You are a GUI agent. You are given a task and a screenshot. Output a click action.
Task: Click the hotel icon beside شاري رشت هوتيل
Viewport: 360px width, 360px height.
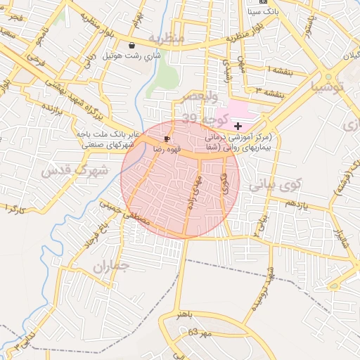131,46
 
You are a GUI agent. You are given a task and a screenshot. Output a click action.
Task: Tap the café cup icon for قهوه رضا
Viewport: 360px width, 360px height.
167,139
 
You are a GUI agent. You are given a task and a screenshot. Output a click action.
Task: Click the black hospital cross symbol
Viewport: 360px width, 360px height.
238,124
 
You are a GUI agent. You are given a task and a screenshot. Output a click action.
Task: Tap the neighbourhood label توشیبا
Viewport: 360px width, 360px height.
328,87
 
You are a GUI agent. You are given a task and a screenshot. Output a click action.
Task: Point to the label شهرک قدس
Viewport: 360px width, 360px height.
75,170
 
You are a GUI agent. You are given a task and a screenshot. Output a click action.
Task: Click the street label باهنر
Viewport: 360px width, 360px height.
184,311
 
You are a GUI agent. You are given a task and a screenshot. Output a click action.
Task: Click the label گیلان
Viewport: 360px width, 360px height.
349,55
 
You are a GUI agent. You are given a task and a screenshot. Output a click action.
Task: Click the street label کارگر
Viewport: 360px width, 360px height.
15,210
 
